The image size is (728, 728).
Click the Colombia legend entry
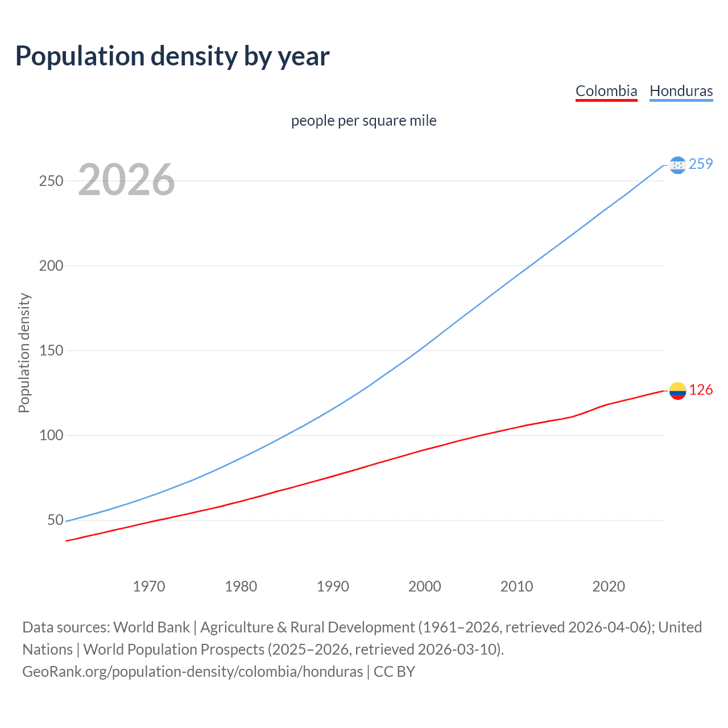tap(606, 91)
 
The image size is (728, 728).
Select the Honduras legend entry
tap(681, 91)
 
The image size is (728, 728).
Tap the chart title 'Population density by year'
tap(172, 56)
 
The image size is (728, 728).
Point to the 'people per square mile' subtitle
tap(364, 121)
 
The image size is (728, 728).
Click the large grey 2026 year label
tap(126, 180)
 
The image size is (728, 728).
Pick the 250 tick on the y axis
tap(51, 181)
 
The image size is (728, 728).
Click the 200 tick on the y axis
tap(51, 266)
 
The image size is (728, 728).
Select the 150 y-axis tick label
tap(51, 350)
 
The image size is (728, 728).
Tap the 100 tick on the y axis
tap(51, 436)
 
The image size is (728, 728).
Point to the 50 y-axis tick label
tap(55, 520)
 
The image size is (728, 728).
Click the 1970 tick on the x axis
tap(149, 586)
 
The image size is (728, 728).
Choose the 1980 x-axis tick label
tap(241, 586)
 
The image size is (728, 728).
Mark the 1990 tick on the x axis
tap(333, 586)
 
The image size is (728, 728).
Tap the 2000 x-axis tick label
tap(425, 586)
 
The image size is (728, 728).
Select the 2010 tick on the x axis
tap(516, 586)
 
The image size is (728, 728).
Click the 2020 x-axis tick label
tap(609, 586)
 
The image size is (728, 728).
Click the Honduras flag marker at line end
tap(677, 165)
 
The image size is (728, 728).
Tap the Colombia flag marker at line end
tap(677, 391)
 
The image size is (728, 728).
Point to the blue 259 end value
tap(701, 164)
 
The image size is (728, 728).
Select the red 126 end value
tap(701, 390)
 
